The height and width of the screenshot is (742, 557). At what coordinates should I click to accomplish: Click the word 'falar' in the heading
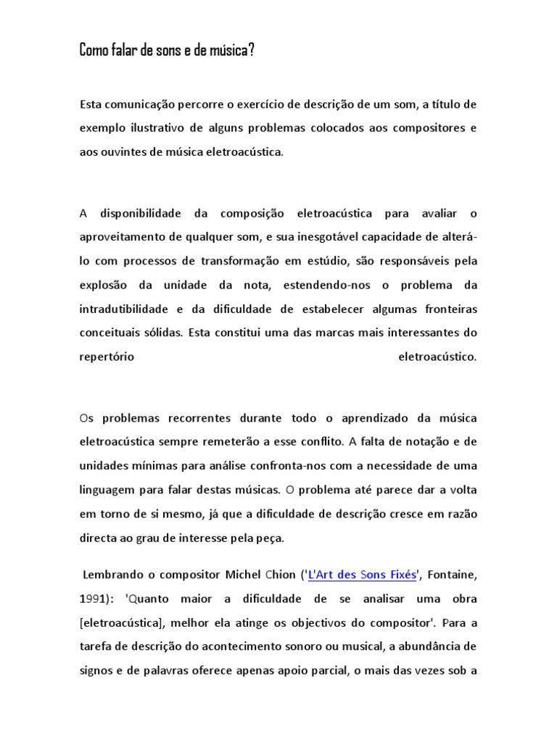click(127, 53)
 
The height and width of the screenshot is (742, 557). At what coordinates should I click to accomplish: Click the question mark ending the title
click(252, 53)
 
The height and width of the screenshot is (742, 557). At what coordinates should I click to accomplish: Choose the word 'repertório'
click(107, 357)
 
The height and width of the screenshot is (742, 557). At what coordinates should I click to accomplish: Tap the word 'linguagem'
click(106, 489)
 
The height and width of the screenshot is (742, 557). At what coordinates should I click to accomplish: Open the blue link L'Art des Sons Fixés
click(363, 575)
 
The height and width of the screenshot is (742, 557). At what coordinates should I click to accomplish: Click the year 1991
click(93, 599)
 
